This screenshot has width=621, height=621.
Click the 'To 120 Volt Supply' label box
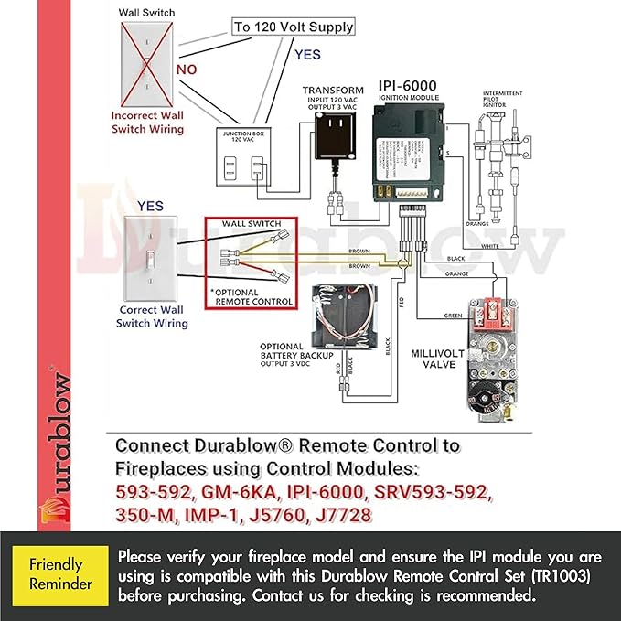point(293,27)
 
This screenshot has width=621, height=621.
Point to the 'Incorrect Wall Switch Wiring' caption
point(147,123)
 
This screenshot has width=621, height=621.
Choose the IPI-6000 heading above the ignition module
point(407,87)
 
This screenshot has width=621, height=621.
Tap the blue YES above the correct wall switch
point(151,207)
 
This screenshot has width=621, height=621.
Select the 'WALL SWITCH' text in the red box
point(249,225)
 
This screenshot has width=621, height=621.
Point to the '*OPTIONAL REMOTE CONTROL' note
point(251,295)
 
